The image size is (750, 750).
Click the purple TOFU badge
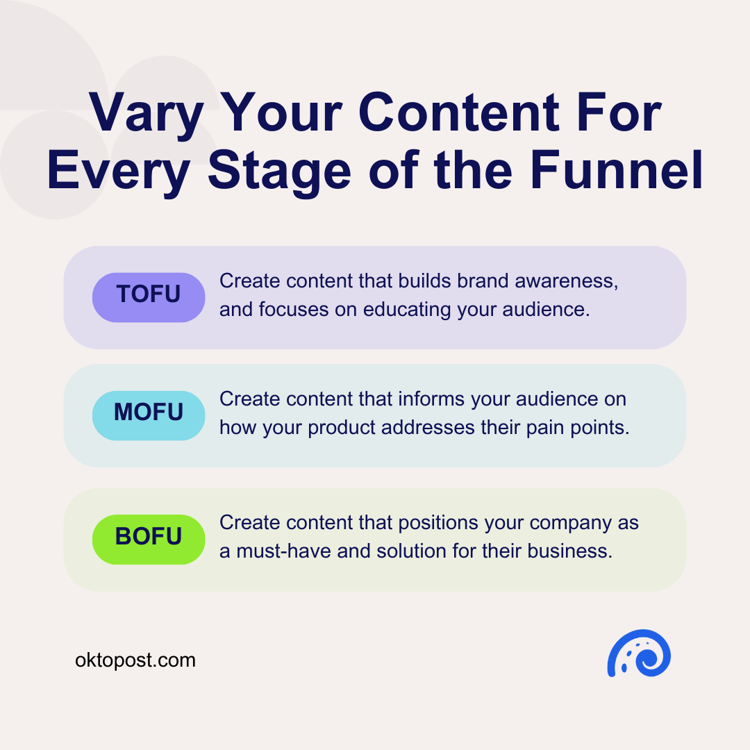tap(149, 297)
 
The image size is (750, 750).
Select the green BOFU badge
tap(149, 538)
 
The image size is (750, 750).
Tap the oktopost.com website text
tap(135, 660)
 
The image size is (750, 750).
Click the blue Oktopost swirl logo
tap(639, 653)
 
